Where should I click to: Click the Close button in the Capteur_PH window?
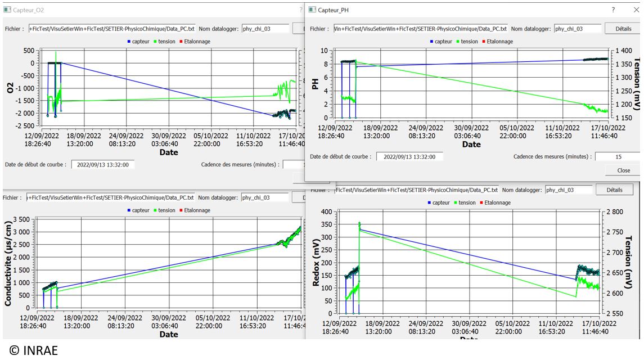[x=623, y=170]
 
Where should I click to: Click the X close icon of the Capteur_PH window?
[x=636, y=10]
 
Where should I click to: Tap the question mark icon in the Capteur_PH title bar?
[x=614, y=10]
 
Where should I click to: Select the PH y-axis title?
[x=316, y=83]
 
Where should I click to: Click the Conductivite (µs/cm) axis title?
[x=8, y=263]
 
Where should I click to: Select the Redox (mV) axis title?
[x=316, y=263]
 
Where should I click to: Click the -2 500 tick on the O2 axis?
[x=23, y=125]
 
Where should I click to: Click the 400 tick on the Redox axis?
[x=327, y=212]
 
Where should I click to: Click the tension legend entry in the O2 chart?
[x=164, y=42]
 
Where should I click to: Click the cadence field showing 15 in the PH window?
[x=617, y=156]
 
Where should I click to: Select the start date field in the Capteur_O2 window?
[x=103, y=165]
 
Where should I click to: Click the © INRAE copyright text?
[x=34, y=350]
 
